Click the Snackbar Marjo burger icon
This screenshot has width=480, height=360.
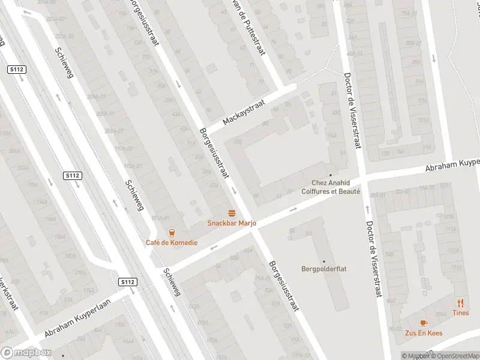[x=232, y=213]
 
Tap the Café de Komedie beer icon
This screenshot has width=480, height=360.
[x=172, y=233]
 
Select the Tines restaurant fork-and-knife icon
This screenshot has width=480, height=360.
[x=461, y=303]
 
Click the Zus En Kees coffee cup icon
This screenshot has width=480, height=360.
[x=424, y=323]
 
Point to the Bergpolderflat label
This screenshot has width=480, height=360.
[x=324, y=269]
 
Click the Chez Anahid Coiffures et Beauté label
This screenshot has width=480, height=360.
[x=335, y=187]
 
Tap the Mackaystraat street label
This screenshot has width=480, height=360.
[x=244, y=112]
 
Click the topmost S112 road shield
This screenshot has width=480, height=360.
[x=16, y=70]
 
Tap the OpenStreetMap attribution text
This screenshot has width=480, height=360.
[x=455, y=356]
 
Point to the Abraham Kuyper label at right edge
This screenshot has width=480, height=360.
[x=453, y=165]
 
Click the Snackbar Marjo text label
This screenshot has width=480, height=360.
[x=232, y=223]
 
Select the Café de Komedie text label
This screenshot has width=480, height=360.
[x=172, y=243]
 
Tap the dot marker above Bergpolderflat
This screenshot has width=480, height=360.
[x=324, y=261]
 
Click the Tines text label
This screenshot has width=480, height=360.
[x=461, y=313]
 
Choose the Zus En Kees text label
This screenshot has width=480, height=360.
[x=424, y=333]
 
